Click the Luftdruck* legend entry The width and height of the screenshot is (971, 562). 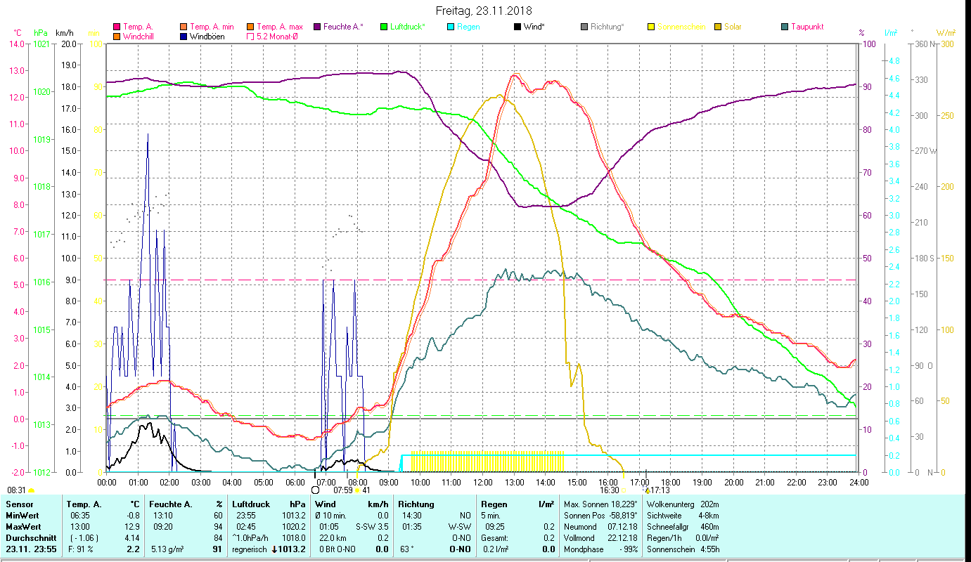pos(407,27)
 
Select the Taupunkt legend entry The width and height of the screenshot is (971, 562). pos(806,27)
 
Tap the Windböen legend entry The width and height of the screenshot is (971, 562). pos(207,37)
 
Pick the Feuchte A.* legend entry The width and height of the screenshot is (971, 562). pos(342,27)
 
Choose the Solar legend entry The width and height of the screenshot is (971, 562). pos(731,27)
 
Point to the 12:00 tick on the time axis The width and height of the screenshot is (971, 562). pos(483,483)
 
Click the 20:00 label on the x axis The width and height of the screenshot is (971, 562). pos(733,483)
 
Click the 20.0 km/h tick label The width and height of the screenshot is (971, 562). pos(69,44)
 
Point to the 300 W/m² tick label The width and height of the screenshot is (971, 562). pos(947,44)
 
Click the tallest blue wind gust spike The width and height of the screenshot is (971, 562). pos(148,135)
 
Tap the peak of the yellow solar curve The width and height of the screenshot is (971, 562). pos(500,96)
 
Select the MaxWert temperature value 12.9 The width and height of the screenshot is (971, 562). pos(131,527)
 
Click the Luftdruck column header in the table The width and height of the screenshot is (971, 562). pos(251,504)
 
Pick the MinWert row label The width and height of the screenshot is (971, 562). pos(22,516)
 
